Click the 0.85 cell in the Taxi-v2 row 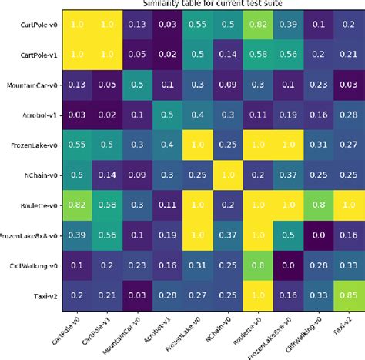pyautogui.click(x=343, y=295)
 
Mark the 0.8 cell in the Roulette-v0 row pyautogui.click(x=313, y=205)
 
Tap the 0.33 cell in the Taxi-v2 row pyautogui.click(x=313, y=295)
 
